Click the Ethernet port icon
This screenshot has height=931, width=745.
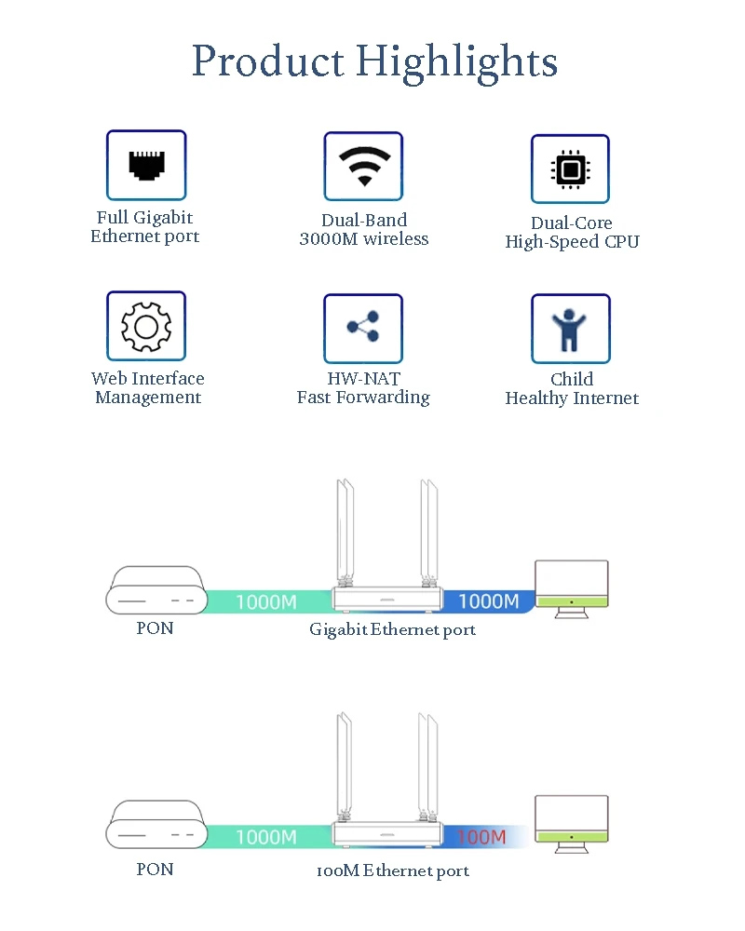point(146,165)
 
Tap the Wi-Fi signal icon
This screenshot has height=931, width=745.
point(363,166)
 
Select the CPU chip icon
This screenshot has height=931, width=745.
point(570,169)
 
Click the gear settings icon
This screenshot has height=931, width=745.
point(146,326)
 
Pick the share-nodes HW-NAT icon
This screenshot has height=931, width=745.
point(363,328)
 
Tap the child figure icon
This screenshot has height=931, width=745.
point(570,329)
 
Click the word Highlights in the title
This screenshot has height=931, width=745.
point(456,61)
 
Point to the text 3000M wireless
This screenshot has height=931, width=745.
point(363,239)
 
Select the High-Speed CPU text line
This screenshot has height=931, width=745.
point(572,242)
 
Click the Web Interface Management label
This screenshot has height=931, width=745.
point(148,388)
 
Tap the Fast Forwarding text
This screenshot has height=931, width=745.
point(363,398)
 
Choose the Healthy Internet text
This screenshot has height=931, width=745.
point(572,398)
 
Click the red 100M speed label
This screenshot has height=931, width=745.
point(481,837)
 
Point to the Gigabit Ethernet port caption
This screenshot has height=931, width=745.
point(392,630)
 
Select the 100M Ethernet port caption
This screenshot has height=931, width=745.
point(392,871)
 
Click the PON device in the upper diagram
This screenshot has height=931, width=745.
point(155,591)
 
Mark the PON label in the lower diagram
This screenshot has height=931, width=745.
point(155,870)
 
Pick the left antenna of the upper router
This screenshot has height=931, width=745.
point(345,531)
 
